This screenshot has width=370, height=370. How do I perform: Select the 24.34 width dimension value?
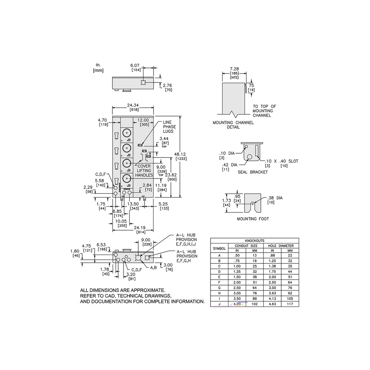(133, 106)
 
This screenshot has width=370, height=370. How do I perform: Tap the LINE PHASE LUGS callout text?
(169, 127)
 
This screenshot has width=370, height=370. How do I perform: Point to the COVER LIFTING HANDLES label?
(144, 171)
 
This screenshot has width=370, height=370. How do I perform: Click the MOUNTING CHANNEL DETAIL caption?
(233, 125)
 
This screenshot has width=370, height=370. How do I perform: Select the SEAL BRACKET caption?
(253, 172)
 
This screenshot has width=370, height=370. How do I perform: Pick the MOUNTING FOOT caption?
(253, 219)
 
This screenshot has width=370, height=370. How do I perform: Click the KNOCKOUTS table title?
(254, 240)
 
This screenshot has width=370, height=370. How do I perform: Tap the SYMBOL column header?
(219, 248)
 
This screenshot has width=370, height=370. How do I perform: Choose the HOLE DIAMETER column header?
(281, 246)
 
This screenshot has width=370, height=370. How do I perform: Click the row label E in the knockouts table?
(219, 276)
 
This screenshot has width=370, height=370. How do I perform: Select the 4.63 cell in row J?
(272, 304)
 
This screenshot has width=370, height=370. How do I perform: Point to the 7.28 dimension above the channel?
(234, 69)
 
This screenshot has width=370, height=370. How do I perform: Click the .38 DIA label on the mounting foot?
(275, 198)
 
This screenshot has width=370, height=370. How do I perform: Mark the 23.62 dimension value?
(172, 175)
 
